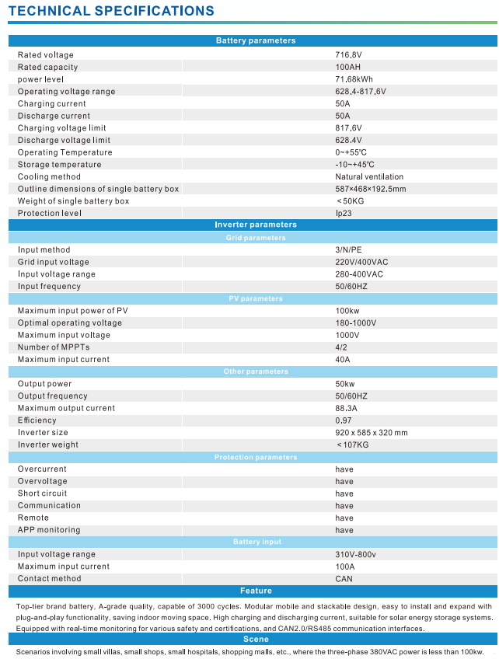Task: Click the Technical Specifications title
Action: pyautogui.click(x=111, y=11)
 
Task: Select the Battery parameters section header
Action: pyautogui.click(x=255, y=40)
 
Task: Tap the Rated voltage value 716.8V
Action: pyautogui.click(x=349, y=55)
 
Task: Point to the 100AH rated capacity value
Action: pyautogui.click(x=347, y=67)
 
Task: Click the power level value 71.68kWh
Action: pyautogui.click(x=354, y=79)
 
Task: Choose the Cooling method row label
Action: pyautogui.click(x=49, y=176)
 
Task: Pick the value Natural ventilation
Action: pyautogui.click(x=370, y=176)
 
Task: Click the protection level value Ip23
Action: pyautogui.click(x=344, y=213)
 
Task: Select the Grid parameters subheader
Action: pyautogui.click(x=255, y=238)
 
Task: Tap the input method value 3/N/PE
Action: pyautogui.click(x=348, y=249)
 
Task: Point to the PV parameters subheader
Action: pyautogui.click(x=255, y=298)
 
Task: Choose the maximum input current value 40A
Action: pyautogui.click(x=343, y=359)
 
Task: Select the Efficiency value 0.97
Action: pyautogui.click(x=344, y=420)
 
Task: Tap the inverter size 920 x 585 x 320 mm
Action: pyautogui.click(x=372, y=432)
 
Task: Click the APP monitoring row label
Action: pyautogui.click(x=49, y=530)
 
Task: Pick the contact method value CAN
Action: pyautogui.click(x=344, y=578)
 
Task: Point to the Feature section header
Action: pyautogui.click(x=255, y=591)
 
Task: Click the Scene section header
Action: pyautogui.click(x=255, y=639)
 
